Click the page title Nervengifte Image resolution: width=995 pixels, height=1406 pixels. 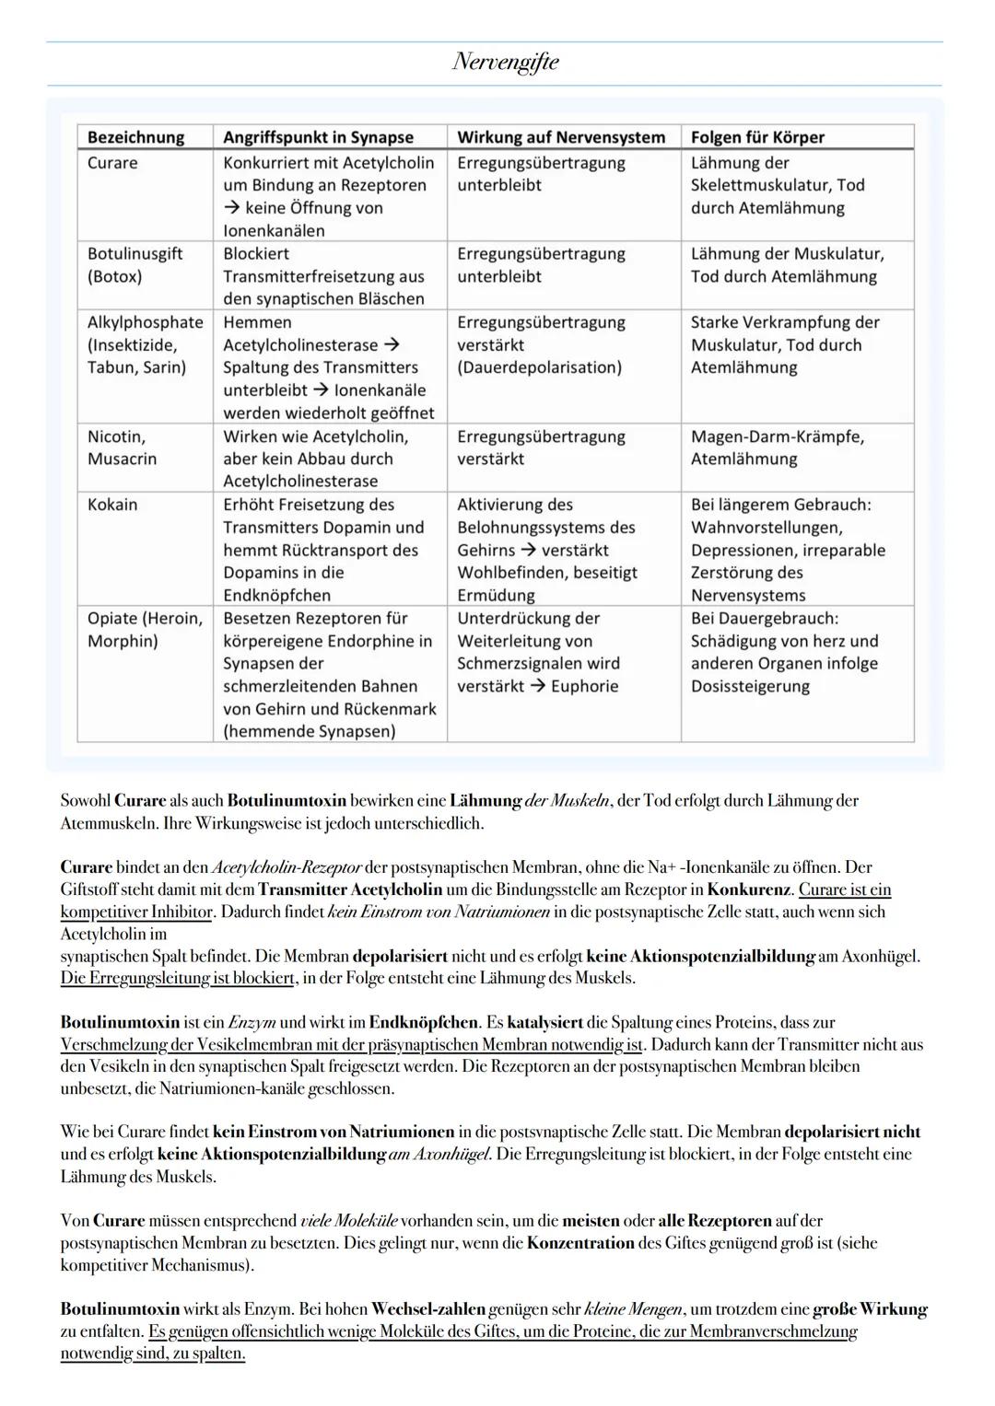[x=505, y=63]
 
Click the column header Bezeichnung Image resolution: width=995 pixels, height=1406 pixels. [x=135, y=137]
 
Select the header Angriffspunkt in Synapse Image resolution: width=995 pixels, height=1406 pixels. [x=318, y=137]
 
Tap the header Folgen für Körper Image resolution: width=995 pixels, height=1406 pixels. [x=757, y=137]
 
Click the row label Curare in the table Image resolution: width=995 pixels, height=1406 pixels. [x=112, y=163]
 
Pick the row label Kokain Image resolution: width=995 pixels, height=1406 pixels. [x=112, y=505]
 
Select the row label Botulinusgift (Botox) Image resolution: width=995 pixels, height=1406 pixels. [x=135, y=265]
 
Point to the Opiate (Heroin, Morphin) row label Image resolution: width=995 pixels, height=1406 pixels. [x=145, y=630]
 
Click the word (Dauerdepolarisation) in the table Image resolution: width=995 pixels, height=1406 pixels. [x=539, y=367]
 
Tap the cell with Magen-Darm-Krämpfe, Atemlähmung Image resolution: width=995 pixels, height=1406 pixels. [x=777, y=447]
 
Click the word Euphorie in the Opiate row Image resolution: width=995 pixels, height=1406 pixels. [x=584, y=686]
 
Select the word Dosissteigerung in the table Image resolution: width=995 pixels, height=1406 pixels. [x=750, y=686]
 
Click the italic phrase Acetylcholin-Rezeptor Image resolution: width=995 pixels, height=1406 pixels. [x=287, y=867]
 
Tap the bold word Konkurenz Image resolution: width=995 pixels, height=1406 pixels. [x=749, y=889]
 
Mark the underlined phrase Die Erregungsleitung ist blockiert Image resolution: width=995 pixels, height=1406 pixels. [x=178, y=978]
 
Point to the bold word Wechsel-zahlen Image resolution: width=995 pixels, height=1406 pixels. [x=428, y=1308]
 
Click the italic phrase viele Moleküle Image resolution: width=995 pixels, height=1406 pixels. [x=349, y=1221]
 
